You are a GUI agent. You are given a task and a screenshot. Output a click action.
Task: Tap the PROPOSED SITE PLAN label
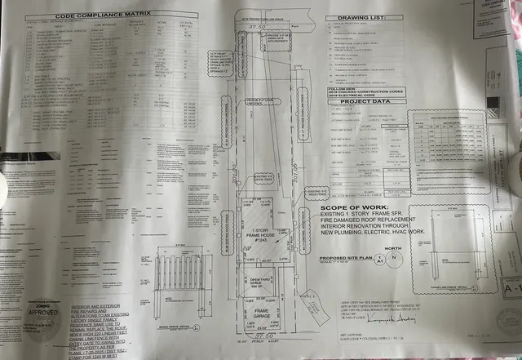pyautogui.click(x=338, y=255)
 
